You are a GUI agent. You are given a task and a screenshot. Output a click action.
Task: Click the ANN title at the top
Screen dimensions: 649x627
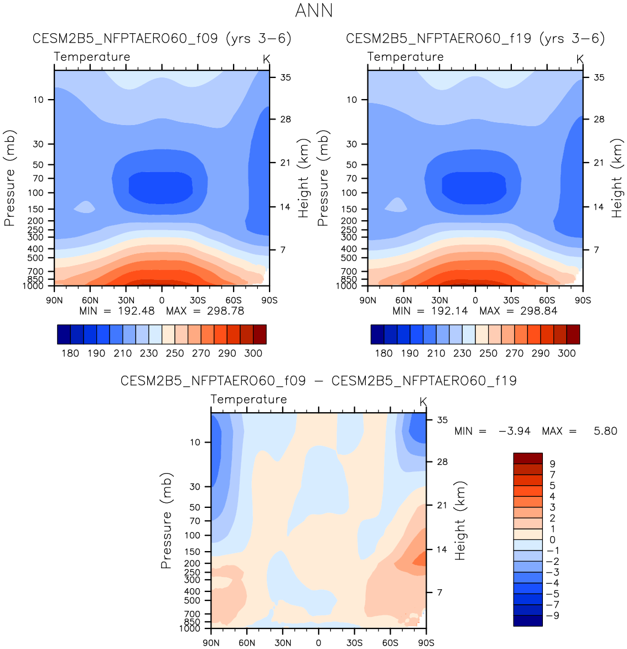coord(314,11)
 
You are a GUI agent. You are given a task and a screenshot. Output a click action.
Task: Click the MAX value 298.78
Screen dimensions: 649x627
coord(225,311)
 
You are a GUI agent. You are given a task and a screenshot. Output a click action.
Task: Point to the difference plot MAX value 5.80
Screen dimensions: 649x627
coord(605,431)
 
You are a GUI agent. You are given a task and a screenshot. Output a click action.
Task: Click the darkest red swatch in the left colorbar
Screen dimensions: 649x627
coord(260,334)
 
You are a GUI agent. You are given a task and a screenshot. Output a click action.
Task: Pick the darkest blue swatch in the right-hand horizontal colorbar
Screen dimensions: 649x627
coord(377,334)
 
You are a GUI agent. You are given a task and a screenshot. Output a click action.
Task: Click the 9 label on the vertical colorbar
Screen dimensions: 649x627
coord(552,464)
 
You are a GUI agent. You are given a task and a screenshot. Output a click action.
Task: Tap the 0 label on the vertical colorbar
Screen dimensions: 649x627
coord(552,539)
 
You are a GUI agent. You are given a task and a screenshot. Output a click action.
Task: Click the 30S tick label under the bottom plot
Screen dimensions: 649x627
coord(354,642)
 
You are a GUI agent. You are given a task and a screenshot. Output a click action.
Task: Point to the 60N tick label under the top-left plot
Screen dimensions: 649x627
coord(90,300)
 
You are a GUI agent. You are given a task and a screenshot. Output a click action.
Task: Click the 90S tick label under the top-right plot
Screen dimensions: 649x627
coord(583,300)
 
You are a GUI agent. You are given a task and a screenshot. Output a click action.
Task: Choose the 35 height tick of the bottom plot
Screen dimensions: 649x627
coord(442,420)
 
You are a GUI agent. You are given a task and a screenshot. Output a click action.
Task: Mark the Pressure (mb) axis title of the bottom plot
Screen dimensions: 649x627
coord(166,521)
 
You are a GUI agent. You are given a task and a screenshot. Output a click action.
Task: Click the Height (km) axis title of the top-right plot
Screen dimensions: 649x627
coord(617,178)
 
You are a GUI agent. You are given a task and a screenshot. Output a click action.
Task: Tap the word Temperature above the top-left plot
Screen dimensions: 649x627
coord(92,56)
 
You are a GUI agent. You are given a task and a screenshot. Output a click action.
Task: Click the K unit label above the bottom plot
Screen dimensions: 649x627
coord(423,402)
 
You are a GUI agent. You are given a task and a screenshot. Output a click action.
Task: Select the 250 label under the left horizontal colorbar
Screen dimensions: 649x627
coord(175,353)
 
